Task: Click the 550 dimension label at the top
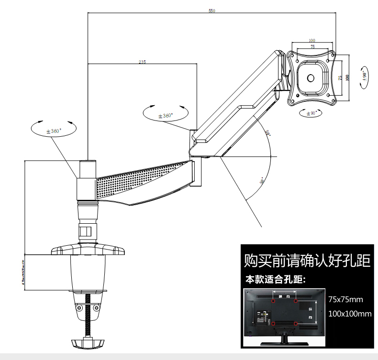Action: (211, 11)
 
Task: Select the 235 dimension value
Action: (142, 61)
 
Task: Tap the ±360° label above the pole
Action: (54, 131)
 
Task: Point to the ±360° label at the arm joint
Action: (166, 116)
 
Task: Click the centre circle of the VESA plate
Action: (310, 78)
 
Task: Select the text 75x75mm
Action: (346, 300)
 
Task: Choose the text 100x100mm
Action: (350, 314)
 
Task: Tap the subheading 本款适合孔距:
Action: (275, 279)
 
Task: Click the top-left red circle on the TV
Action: (273, 301)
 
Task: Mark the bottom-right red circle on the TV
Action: (296, 324)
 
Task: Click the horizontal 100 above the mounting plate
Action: (311, 41)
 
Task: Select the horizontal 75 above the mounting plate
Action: (312, 47)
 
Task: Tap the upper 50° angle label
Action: (267, 133)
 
